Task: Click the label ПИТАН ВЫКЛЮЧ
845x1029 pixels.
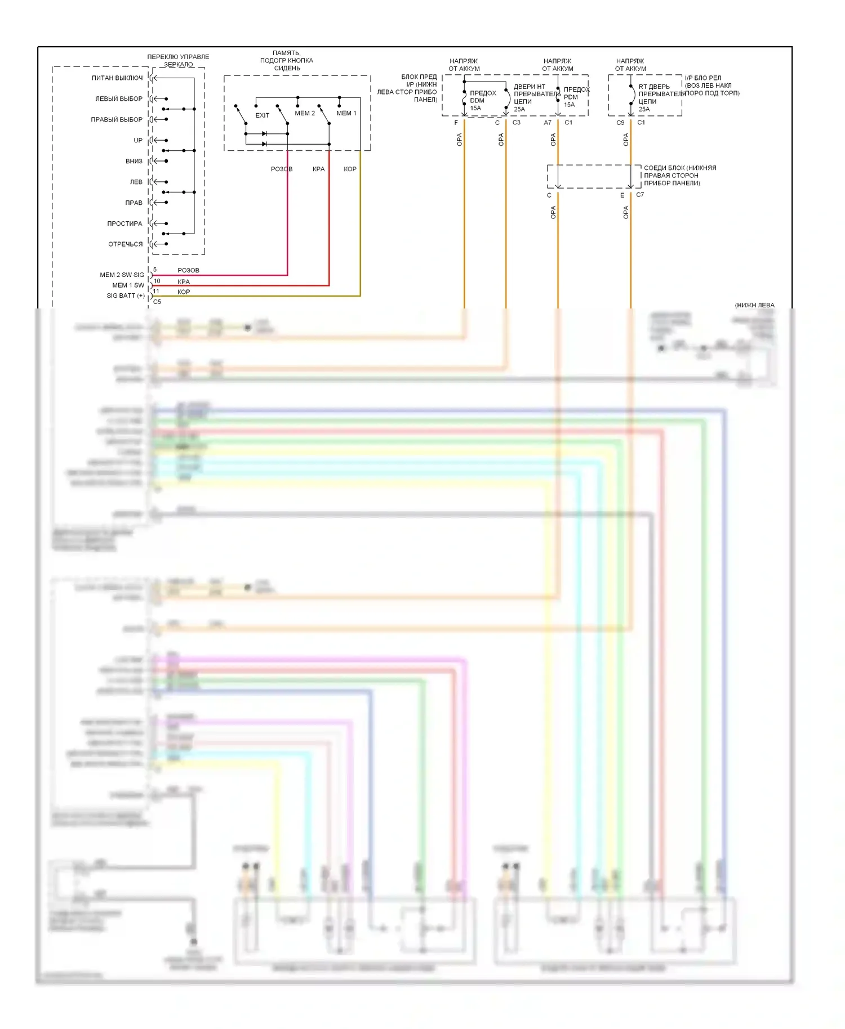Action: tap(117, 78)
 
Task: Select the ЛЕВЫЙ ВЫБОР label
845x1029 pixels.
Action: tap(119, 99)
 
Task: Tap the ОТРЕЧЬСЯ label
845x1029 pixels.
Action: tap(125, 244)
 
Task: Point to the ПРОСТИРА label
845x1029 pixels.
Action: tap(124, 223)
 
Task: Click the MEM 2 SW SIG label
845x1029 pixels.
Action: tap(122, 275)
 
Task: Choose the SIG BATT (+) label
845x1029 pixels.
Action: tap(125, 296)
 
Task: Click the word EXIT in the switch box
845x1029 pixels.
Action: tap(263, 115)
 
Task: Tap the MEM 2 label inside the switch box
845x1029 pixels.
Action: tap(305, 113)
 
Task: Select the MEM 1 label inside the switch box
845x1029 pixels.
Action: tap(346, 113)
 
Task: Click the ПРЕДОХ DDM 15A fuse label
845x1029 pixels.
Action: tap(483, 101)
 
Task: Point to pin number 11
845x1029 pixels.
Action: tap(156, 291)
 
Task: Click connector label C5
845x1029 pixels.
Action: tap(157, 302)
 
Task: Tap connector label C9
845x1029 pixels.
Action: tap(620, 123)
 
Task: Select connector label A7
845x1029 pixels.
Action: tap(548, 123)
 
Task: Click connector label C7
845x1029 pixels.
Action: tap(640, 195)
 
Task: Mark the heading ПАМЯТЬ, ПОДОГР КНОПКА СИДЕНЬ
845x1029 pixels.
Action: tap(287, 61)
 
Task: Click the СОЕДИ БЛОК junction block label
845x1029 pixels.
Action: tap(679, 176)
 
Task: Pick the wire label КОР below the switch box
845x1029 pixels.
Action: tap(350, 169)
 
